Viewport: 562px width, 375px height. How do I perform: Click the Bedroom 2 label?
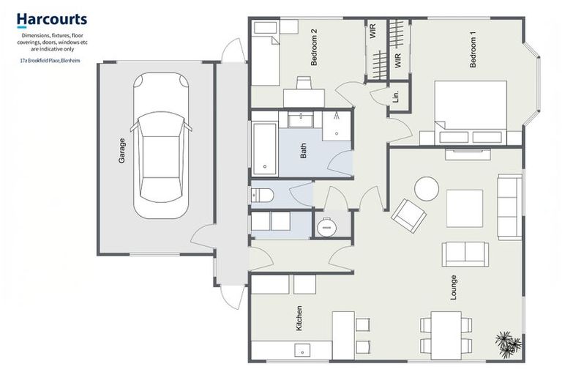click(314, 48)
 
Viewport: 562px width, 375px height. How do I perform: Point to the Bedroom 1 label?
click(473, 51)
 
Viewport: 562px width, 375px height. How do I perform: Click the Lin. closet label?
click(396, 96)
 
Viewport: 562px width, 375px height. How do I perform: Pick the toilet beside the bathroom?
click(261, 195)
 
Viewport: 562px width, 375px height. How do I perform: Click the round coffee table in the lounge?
click(427, 189)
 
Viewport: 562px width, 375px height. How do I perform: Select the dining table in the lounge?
click(446, 334)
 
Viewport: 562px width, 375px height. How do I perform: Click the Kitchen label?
click(299, 319)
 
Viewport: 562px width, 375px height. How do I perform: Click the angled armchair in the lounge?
click(408, 215)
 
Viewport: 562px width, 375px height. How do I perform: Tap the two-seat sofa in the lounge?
click(465, 253)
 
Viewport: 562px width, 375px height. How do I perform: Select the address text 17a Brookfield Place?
click(50, 62)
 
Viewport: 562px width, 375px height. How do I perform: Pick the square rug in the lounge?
click(465, 208)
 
